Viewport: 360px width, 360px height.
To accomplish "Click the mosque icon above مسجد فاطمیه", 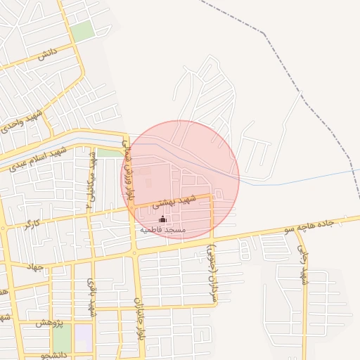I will pyautogui.click(x=163, y=219).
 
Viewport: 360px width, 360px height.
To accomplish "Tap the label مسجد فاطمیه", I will pyautogui.click(x=162, y=230).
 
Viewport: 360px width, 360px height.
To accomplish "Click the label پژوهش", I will pyautogui.click(x=49, y=322).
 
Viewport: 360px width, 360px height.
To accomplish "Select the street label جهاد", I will pyautogui.click(x=35, y=266).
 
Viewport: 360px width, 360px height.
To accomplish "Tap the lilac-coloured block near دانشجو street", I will pyautogui.click(x=84, y=334).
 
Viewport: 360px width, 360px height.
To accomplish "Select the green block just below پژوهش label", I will pyautogui.click(x=63, y=338).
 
